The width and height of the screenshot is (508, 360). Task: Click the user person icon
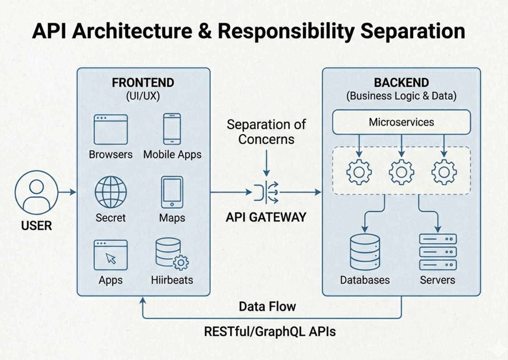[x=36, y=193]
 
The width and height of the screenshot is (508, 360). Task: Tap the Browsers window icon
[x=111, y=129]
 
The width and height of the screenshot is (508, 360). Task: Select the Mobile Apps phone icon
[x=172, y=129]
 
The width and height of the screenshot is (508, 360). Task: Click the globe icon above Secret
[x=111, y=192]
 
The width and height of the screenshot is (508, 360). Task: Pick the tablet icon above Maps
[x=172, y=193]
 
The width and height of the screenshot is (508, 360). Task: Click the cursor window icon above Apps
[x=111, y=255]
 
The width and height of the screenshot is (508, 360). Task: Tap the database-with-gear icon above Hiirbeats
[x=171, y=254]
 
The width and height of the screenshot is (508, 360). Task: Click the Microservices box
[x=401, y=122]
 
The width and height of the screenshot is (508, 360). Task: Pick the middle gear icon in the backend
[x=401, y=172]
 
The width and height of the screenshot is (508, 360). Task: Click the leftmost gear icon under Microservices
[x=359, y=172]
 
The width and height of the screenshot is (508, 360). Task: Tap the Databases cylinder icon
[x=365, y=252]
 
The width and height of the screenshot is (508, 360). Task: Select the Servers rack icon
[x=438, y=252]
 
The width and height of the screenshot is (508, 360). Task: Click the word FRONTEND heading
[x=143, y=83]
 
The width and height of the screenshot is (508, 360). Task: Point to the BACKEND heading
[x=401, y=83]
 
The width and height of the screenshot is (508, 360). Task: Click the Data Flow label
[x=267, y=306]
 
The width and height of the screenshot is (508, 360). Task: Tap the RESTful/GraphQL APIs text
[x=270, y=331]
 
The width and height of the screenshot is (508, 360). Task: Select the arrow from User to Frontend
[x=67, y=193]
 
